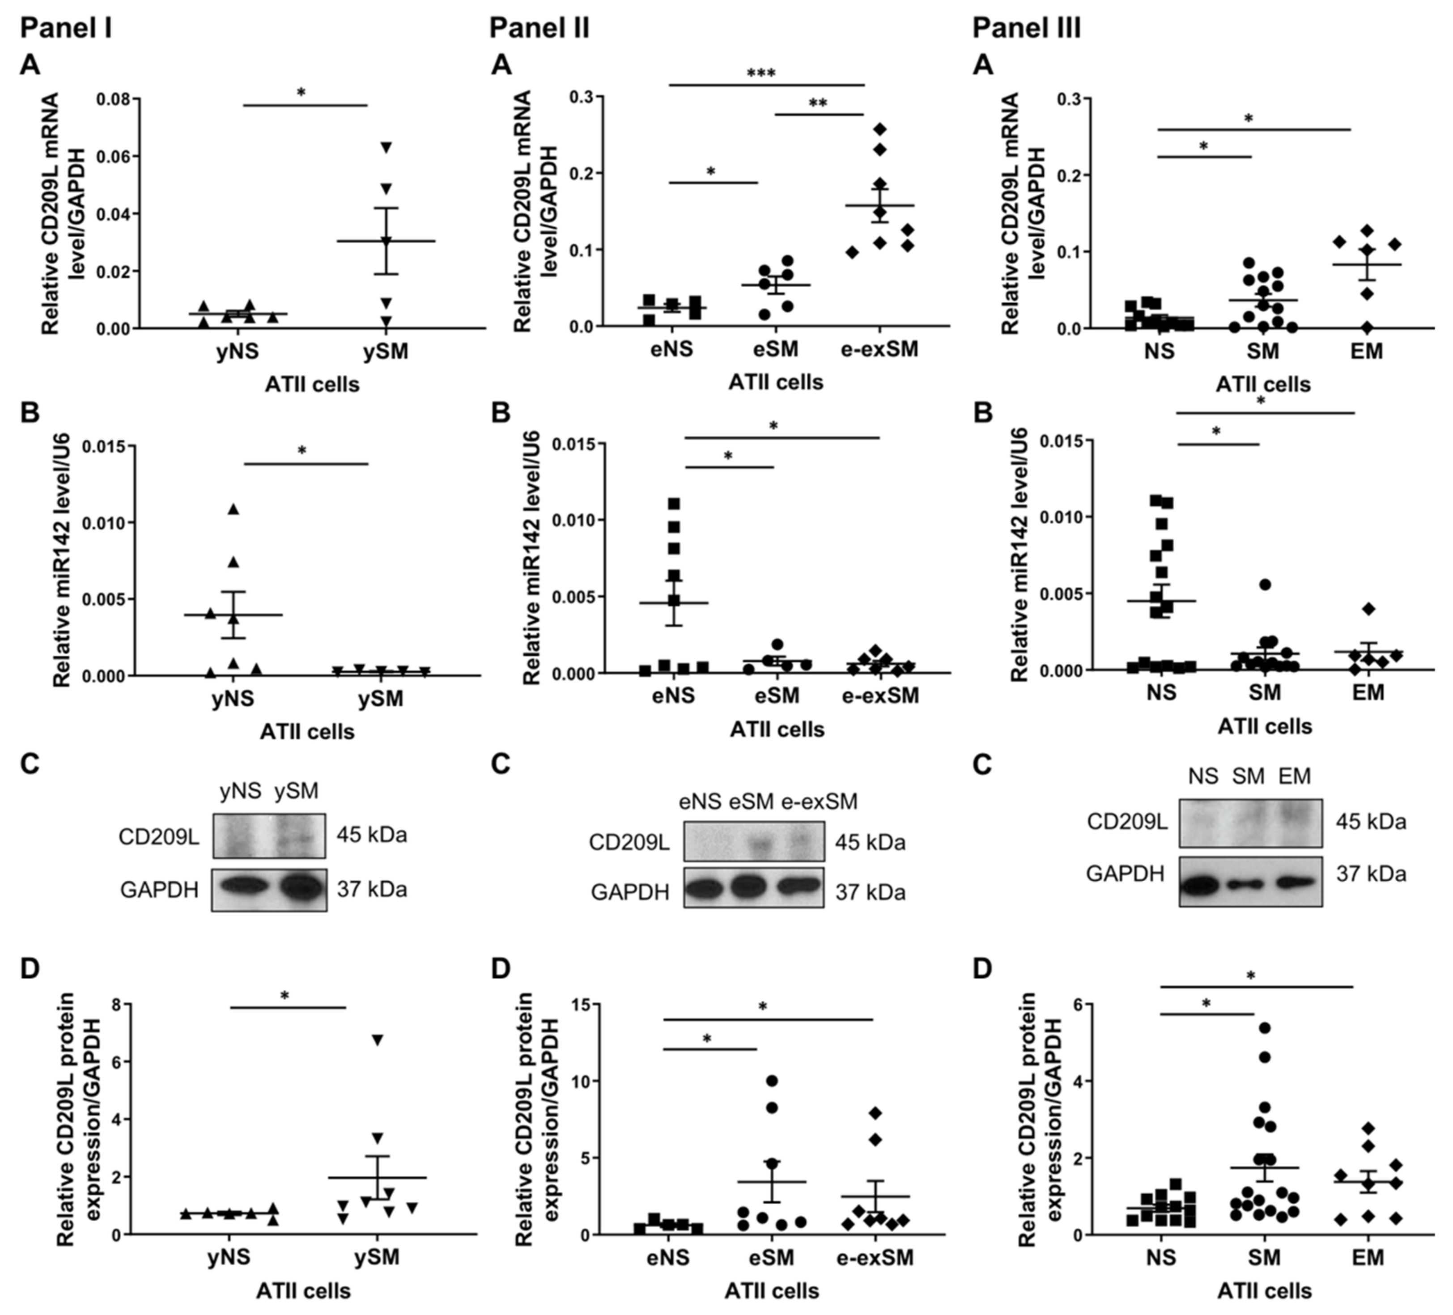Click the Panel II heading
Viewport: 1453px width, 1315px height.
[x=539, y=29]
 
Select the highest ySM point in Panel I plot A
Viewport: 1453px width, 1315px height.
[x=387, y=147]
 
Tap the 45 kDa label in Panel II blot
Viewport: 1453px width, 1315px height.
[x=870, y=842]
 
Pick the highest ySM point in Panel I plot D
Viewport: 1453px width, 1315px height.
[x=377, y=1039]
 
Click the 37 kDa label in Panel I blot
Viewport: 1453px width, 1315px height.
[x=371, y=890]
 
